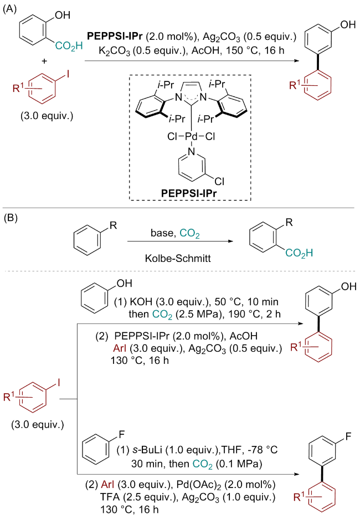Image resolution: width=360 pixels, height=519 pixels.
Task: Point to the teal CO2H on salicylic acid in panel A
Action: coord(71,54)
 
